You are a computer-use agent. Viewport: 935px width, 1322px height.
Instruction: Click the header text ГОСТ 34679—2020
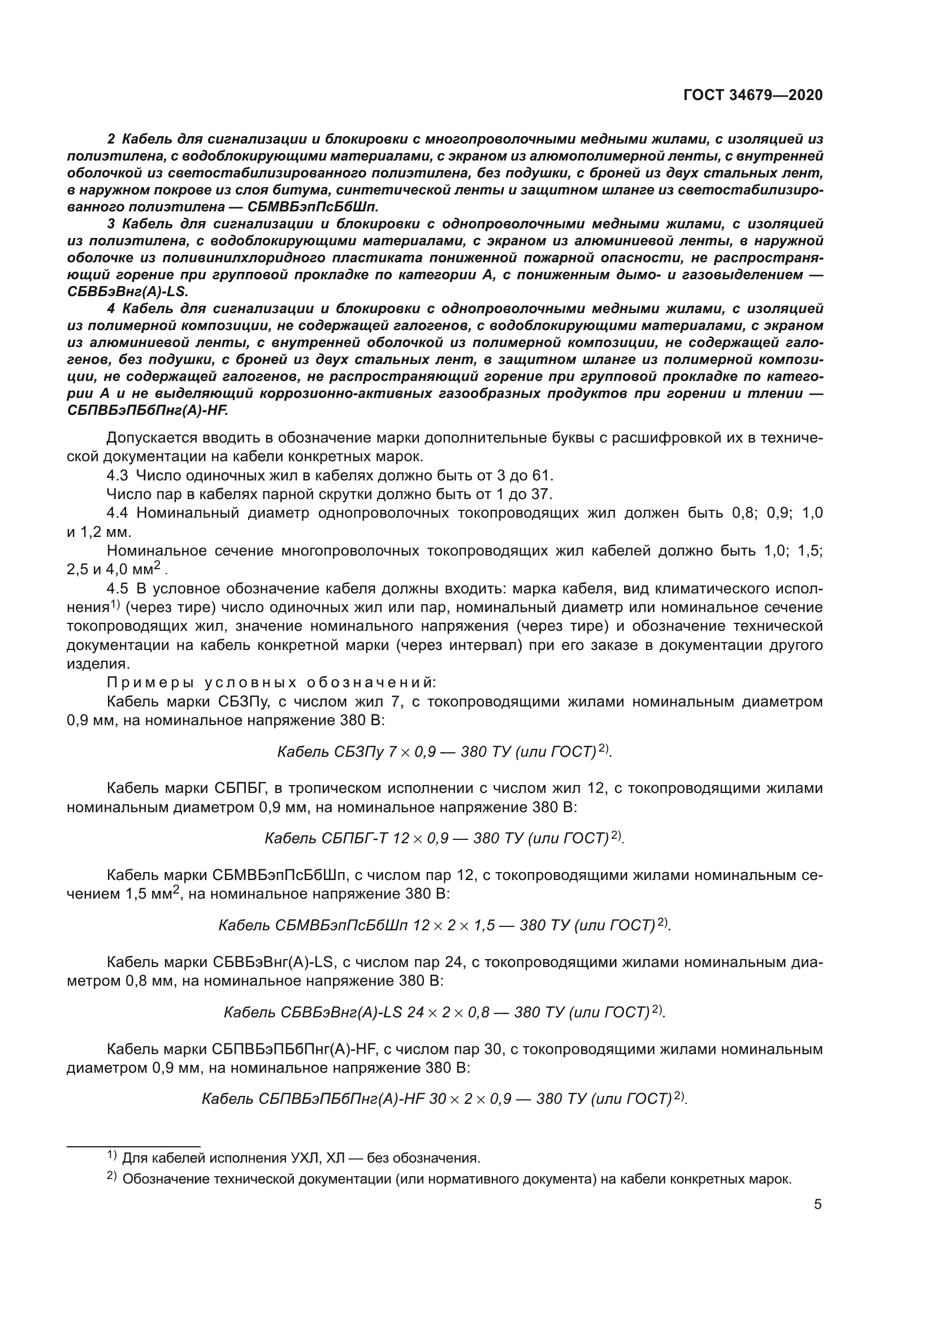tap(753, 95)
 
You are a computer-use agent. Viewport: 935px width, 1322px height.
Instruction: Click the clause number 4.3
tap(118, 475)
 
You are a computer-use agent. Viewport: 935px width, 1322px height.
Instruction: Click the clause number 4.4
tap(119, 513)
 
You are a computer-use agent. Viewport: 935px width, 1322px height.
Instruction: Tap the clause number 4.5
tap(119, 589)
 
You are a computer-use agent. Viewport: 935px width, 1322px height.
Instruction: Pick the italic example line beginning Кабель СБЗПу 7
tap(444, 752)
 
